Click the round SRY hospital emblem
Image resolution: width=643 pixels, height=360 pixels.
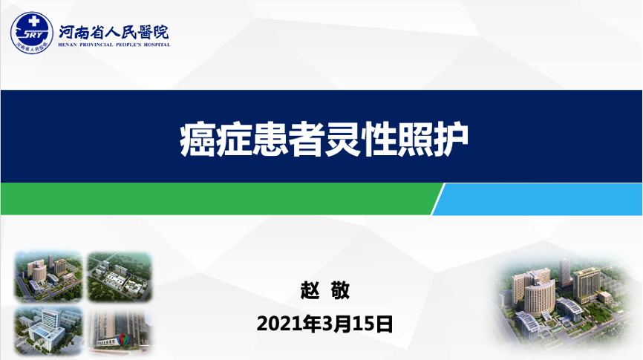tap(32, 33)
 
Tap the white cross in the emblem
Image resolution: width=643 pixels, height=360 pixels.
tap(33, 21)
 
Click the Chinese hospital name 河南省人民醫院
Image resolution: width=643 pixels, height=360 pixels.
tap(114, 32)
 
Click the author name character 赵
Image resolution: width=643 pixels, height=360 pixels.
tap(310, 290)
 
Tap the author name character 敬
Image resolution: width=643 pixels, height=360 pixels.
tap(340, 290)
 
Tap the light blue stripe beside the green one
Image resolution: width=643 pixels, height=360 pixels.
tap(538, 199)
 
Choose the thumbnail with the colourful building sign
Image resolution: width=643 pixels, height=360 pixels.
tap(120, 331)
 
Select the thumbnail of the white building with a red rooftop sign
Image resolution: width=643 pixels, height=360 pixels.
tap(48, 331)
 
